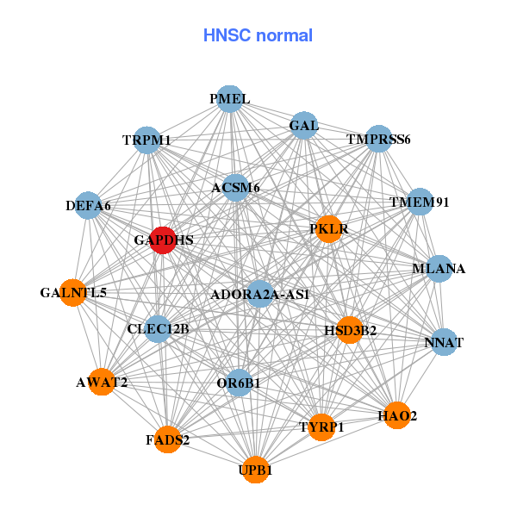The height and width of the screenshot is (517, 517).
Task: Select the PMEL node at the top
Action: (x=229, y=99)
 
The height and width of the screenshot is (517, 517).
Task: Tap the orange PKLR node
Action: (x=328, y=229)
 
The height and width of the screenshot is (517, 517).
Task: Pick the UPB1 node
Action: (x=255, y=470)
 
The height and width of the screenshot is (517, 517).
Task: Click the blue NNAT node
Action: (x=444, y=342)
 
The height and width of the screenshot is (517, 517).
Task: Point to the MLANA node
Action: (x=439, y=269)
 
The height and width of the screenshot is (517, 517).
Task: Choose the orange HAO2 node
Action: (x=397, y=415)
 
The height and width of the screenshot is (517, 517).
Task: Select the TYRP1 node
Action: (x=321, y=427)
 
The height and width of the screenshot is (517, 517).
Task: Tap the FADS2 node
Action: (x=168, y=439)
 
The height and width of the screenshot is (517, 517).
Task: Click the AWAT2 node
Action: (x=102, y=382)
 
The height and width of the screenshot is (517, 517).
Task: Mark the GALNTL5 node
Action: (x=73, y=293)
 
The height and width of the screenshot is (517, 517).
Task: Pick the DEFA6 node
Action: (x=88, y=205)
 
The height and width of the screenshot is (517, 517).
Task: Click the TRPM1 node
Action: (x=146, y=140)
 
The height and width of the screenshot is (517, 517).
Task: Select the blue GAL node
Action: (x=304, y=126)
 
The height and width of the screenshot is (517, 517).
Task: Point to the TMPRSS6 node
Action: (x=378, y=139)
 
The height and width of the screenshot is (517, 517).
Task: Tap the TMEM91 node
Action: (x=420, y=202)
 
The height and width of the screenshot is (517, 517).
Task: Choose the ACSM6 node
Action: (x=236, y=187)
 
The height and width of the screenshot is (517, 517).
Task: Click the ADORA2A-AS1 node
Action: (x=260, y=295)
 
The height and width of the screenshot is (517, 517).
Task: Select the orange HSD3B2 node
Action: (x=350, y=329)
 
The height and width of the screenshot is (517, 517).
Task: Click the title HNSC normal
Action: (x=258, y=35)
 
